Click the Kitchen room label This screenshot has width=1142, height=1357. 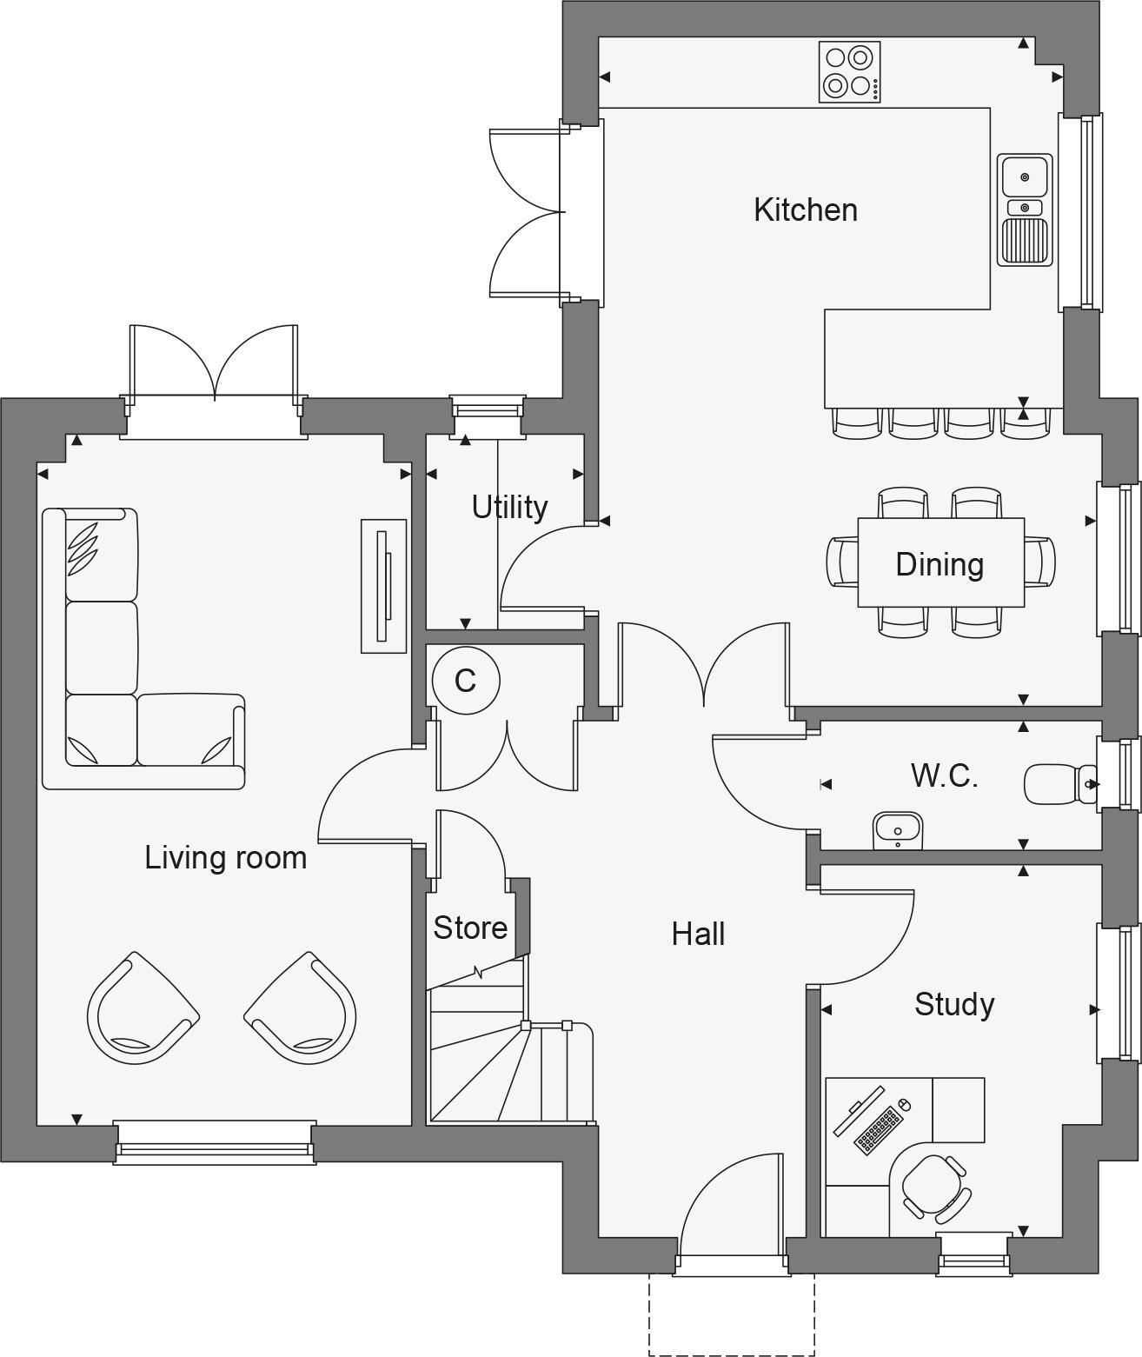[x=805, y=210]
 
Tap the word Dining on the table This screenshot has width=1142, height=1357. [x=939, y=564]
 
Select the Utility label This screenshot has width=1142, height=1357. [x=509, y=507]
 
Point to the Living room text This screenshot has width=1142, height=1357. [x=225, y=858]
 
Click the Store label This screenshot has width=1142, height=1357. [x=470, y=928]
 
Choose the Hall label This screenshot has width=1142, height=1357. [x=698, y=935]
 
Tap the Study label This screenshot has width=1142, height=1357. [x=954, y=1004]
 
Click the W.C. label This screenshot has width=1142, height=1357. [x=945, y=775]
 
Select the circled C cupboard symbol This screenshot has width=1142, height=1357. [x=466, y=680]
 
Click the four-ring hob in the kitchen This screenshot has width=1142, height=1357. [x=849, y=72]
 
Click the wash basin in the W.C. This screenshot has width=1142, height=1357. [x=897, y=830]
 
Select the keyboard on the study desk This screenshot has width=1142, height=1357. [x=877, y=1129]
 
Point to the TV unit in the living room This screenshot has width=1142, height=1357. [x=383, y=586]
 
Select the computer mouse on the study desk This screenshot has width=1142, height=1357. [x=903, y=1105]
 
